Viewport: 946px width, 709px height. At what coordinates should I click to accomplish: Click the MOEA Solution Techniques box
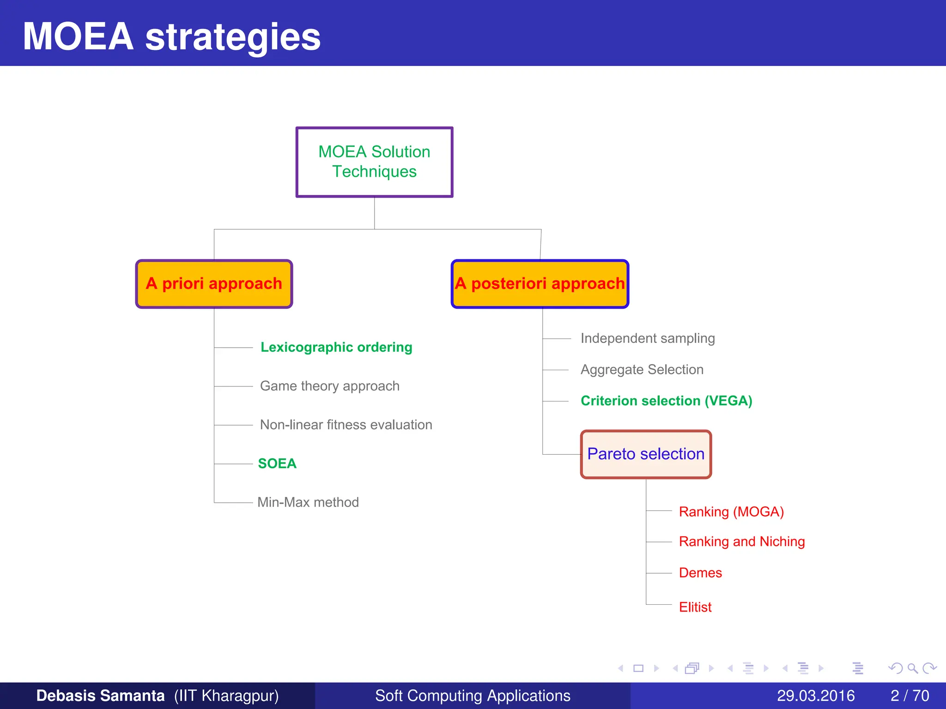pyautogui.click(x=374, y=162)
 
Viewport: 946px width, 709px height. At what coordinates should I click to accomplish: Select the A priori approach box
pyautogui.click(x=214, y=283)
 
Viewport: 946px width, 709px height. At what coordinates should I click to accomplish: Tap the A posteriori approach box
pyautogui.click(x=540, y=283)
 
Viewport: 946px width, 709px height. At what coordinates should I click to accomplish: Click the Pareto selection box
pyautogui.click(x=646, y=454)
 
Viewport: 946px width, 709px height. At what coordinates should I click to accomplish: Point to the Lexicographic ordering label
pyautogui.click(x=336, y=347)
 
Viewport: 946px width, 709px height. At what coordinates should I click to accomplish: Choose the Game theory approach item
pyautogui.click(x=329, y=386)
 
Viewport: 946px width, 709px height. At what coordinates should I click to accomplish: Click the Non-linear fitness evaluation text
pyautogui.click(x=346, y=425)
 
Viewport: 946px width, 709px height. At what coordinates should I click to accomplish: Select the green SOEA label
pyautogui.click(x=277, y=463)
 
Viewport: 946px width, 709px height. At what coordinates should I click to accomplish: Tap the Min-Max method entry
pyautogui.click(x=308, y=502)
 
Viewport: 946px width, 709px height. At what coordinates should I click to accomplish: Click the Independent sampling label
pyautogui.click(x=648, y=338)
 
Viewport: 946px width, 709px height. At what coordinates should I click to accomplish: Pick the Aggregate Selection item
pyautogui.click(x=642, y=370)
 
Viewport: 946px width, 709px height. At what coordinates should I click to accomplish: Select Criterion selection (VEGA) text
pyautogui.click(x=666, y=401)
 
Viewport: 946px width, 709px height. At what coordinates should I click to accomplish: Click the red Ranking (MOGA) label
pyautogui.click(x=731, y=512)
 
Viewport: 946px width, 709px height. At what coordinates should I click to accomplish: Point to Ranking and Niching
pyautogui.click(x=742, y=541)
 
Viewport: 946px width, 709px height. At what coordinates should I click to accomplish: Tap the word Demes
pyautogui.click(x=700, y=573)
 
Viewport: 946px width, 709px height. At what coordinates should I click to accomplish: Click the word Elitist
pyautogui.click(x=695, y=607)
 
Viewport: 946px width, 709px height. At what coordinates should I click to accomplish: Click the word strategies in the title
pyautogui.click(x=233, y=37)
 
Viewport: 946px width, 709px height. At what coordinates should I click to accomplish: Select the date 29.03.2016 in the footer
pyautogui.click(x=816, y=696)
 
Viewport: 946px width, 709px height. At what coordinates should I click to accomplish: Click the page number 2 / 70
pyautogui.click(x=910, y=696)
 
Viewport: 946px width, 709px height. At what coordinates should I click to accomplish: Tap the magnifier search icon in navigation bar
pyautogui.click(x=912, y=668)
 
